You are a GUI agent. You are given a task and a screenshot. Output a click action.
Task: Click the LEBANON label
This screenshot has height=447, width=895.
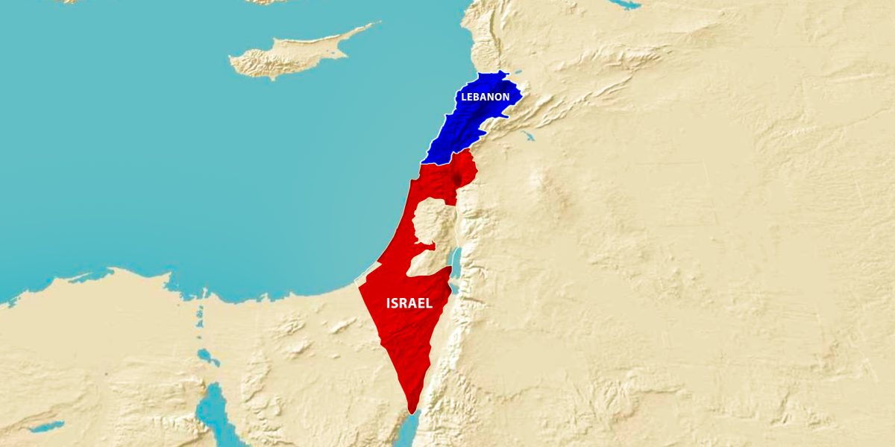pos(485,97)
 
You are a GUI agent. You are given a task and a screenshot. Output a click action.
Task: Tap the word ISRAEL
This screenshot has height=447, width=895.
pos(409,303)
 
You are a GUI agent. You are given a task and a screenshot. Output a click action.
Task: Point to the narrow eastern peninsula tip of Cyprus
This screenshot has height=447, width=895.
pos(373,25)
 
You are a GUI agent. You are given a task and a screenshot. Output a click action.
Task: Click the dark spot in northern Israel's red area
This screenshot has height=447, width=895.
pos(455,179)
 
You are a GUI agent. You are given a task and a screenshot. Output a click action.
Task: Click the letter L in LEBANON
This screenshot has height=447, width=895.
pos(464,98)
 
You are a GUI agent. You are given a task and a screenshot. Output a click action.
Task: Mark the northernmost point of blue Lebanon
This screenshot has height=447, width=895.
pos(503,72)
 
